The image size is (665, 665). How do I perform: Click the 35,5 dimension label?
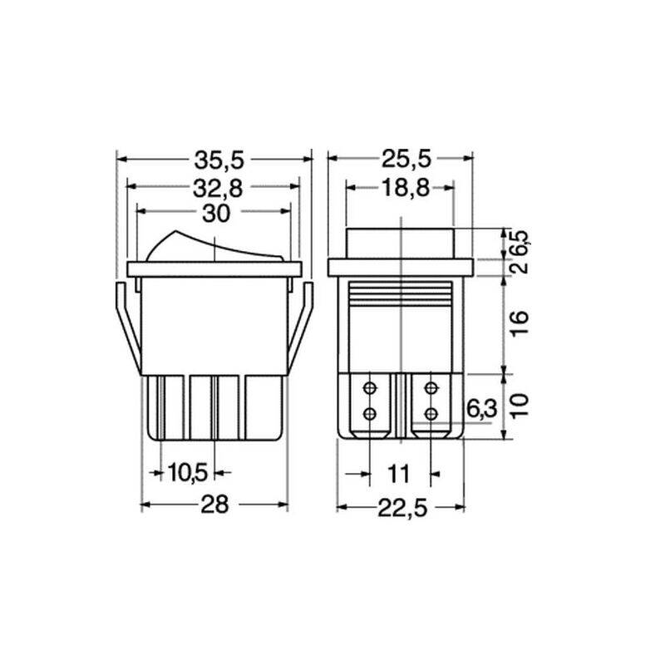(219, 160)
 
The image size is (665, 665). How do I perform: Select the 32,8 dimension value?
(218, 189)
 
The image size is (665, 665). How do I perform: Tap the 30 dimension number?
(216, 214)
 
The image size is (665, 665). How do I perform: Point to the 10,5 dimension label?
(188, 472)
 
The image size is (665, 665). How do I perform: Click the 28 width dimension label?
(214, 505)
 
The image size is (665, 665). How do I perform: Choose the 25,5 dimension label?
(406, 159)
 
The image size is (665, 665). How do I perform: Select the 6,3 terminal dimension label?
(482, 409)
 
